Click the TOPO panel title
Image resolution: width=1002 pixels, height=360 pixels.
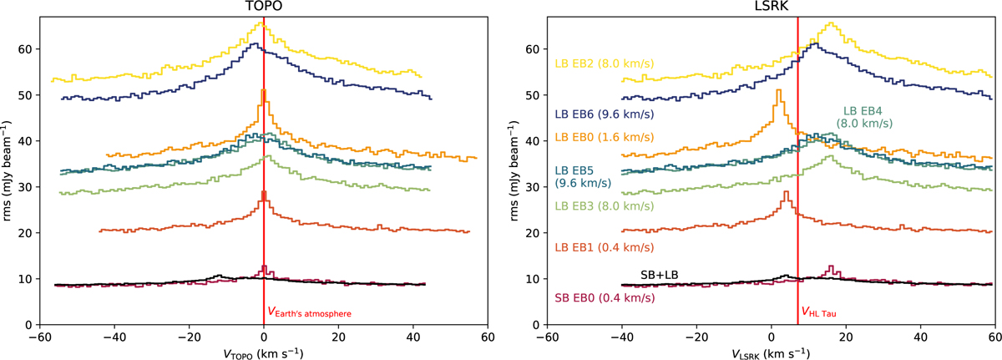[263, 7]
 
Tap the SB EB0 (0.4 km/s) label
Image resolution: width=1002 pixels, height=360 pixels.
[603, 297]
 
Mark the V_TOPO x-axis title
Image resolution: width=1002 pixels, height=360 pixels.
[263, 352]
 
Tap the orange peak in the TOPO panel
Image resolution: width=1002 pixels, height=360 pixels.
[264, 90]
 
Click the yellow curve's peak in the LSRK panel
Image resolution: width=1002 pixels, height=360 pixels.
[832, 23]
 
